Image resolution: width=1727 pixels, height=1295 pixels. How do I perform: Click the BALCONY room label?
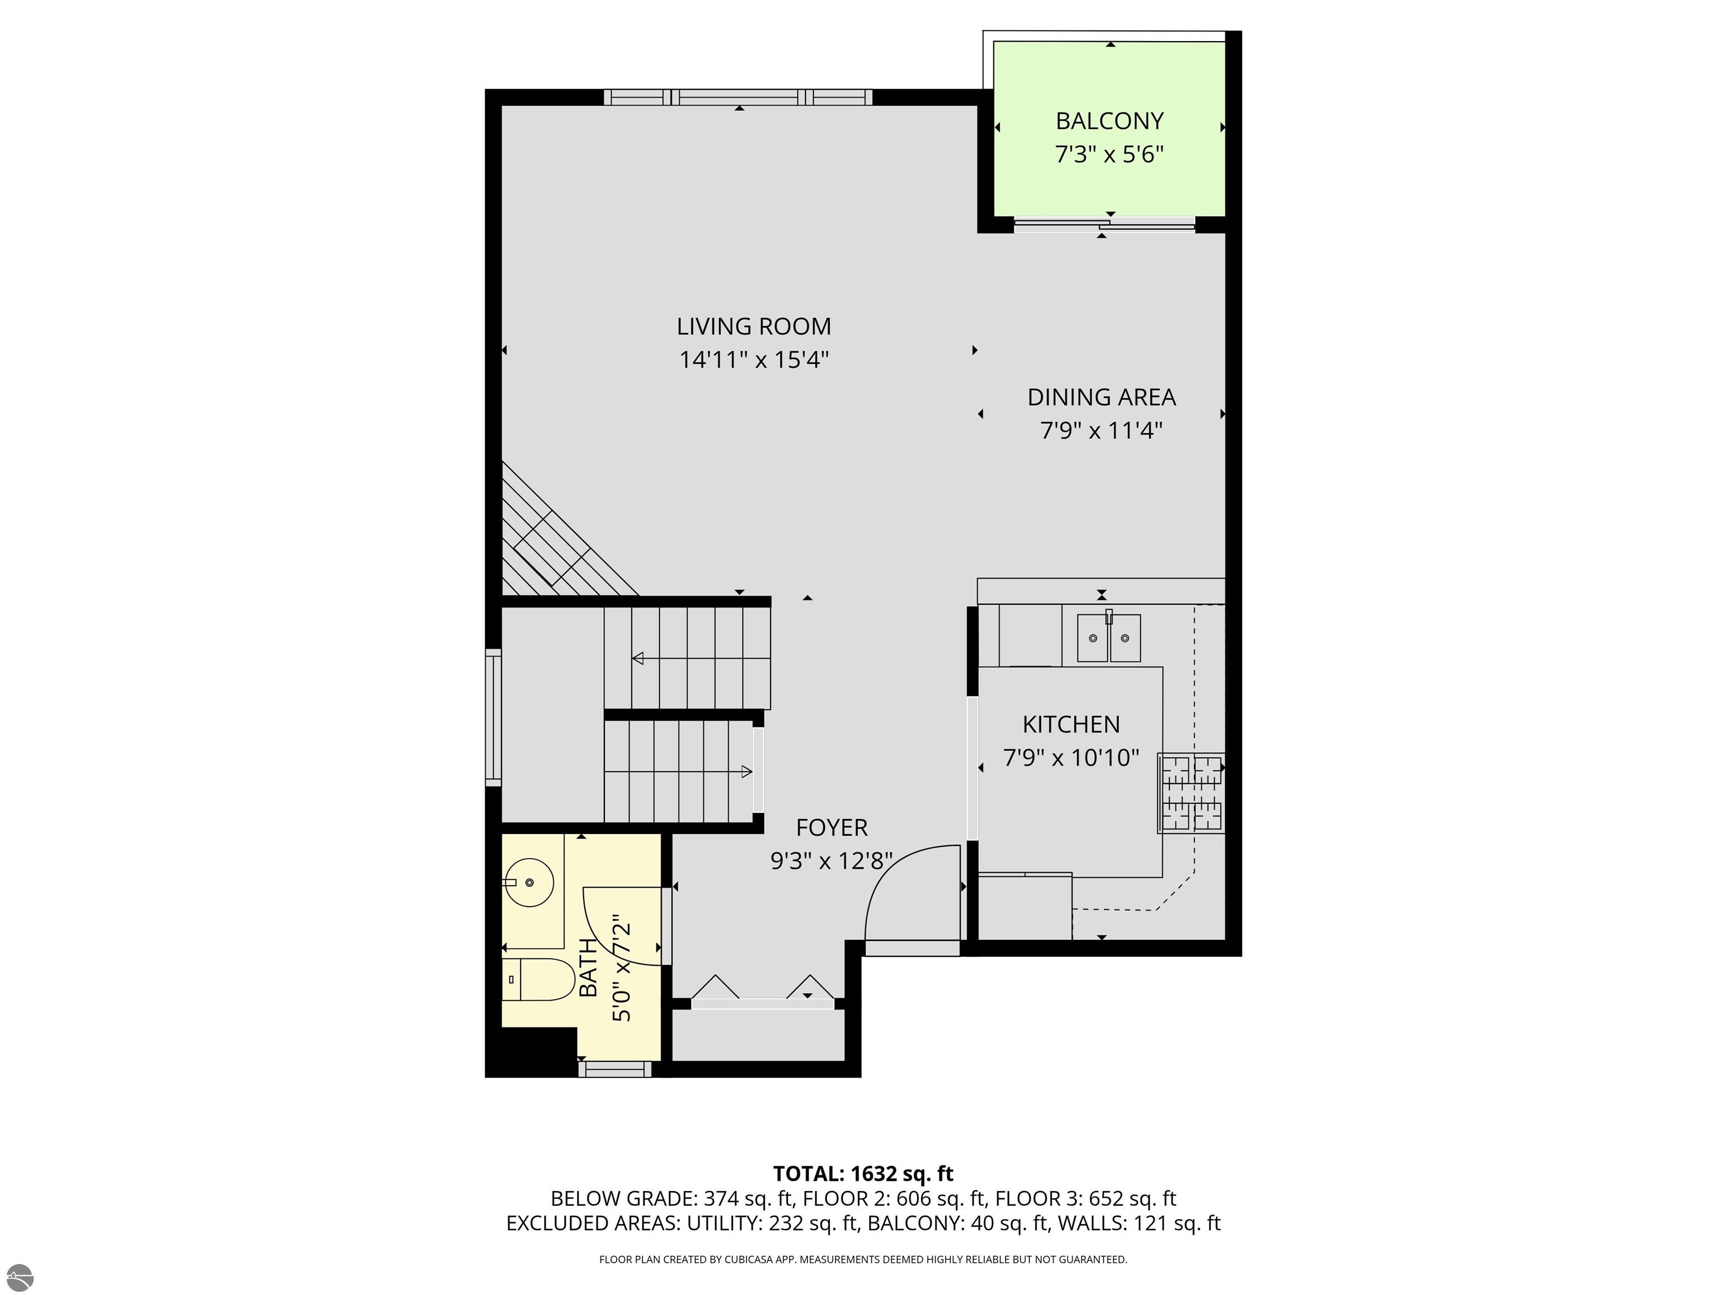[1109, 121]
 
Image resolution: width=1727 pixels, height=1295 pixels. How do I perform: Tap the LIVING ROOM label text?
[753, 327]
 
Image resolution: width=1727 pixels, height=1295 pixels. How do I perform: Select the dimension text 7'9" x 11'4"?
[1102, 430]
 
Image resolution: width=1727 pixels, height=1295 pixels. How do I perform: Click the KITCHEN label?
[1071, 725]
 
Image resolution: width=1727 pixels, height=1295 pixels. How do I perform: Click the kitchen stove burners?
[1191, 793]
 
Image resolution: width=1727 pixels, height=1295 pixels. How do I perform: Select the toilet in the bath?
[538, 980]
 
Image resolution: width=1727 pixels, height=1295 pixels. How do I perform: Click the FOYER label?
[831, 827]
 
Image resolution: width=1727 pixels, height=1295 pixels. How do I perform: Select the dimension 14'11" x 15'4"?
[753, 360]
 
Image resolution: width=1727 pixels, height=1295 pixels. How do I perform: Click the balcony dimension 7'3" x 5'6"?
[1109, 155]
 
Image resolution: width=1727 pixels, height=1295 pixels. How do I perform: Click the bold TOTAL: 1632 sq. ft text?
[863, 1174]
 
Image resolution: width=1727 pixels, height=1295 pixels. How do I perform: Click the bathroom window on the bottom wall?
[614, 1070]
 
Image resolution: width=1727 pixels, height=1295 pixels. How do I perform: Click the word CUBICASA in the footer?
[751, 1259]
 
